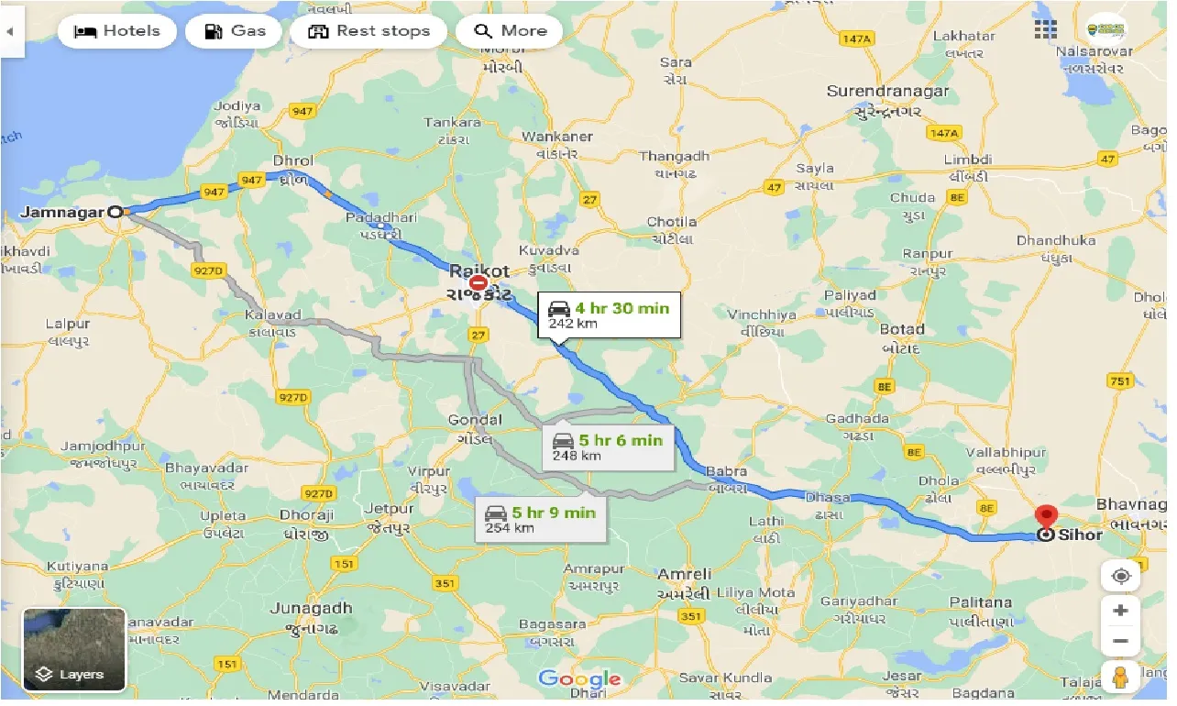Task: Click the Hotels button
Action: [x=115, y=31]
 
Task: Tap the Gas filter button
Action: [x=234, y=31]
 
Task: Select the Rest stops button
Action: [x=368, y=31]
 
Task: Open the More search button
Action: [x=509, y=31]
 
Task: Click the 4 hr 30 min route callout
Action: [x=609, y=314]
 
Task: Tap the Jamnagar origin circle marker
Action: [x=115, y=212]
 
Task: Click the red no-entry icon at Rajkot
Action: [x=477, y=284]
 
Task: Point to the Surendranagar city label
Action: [x=887, y=92]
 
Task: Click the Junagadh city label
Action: [x=311, y=608]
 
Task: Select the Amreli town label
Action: [x=684, y=574]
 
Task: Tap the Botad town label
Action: [x=902, y=329]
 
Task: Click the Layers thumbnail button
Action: [x=74, y=649]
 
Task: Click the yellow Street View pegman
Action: [x=1120, y=678]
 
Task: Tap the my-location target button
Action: [x=1120, y=577]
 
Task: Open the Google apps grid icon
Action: [x=1045, y=29]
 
